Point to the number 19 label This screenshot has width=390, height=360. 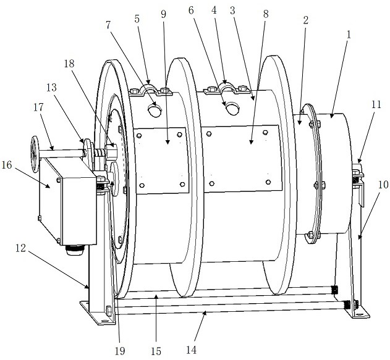click(x=120, y=351)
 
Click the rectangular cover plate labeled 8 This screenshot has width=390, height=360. click(x=241, y=157)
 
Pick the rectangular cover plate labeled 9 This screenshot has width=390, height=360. click(x=161, y=159)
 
